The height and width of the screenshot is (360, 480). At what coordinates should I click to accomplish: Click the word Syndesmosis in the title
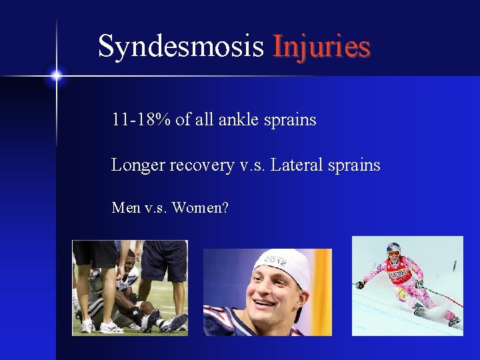click(181, 47)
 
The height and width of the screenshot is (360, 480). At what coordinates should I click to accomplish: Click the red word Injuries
click(321, 47)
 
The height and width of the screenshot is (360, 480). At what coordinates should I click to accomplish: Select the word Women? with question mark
click(200, 208)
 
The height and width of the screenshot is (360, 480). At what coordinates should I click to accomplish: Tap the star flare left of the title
click(56, 76)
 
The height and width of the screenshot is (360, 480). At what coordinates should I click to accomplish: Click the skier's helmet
click(394, 249)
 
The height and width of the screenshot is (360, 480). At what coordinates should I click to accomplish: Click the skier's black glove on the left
click(361, 285)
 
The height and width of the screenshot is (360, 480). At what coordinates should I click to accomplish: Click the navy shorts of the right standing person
click(163, 261)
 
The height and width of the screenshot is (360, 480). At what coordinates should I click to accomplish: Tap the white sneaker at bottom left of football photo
click(88, 326)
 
